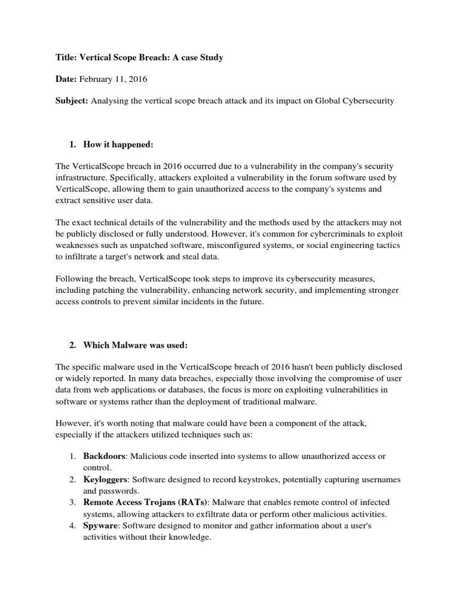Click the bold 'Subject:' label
coord(71,101)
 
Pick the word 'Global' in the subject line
coord(318,101)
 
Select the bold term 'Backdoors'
coord(104,456)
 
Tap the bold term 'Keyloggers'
coord(106,479)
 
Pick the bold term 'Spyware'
coord(100,525)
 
